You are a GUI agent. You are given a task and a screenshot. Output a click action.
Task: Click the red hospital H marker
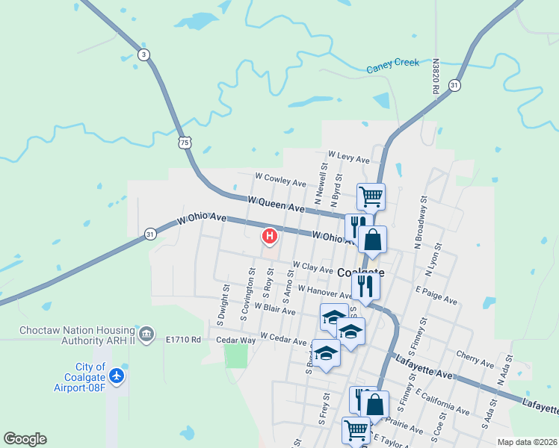point(269,237)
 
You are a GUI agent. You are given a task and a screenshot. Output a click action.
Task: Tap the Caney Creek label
point(392,66)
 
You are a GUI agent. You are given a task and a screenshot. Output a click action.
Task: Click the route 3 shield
point(143,54)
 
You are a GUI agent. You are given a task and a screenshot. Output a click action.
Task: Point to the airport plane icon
point(117,375)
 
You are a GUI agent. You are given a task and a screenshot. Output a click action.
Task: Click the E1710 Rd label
point(184,340)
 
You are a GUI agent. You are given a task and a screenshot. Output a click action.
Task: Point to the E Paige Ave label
point(436,295)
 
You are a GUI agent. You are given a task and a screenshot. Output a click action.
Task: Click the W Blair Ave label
point(275,308)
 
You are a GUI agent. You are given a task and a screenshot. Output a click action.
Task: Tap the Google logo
point(25,439)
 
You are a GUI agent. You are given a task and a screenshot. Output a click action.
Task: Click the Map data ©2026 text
point(526,442)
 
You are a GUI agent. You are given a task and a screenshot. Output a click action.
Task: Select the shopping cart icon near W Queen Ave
point(371,196)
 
